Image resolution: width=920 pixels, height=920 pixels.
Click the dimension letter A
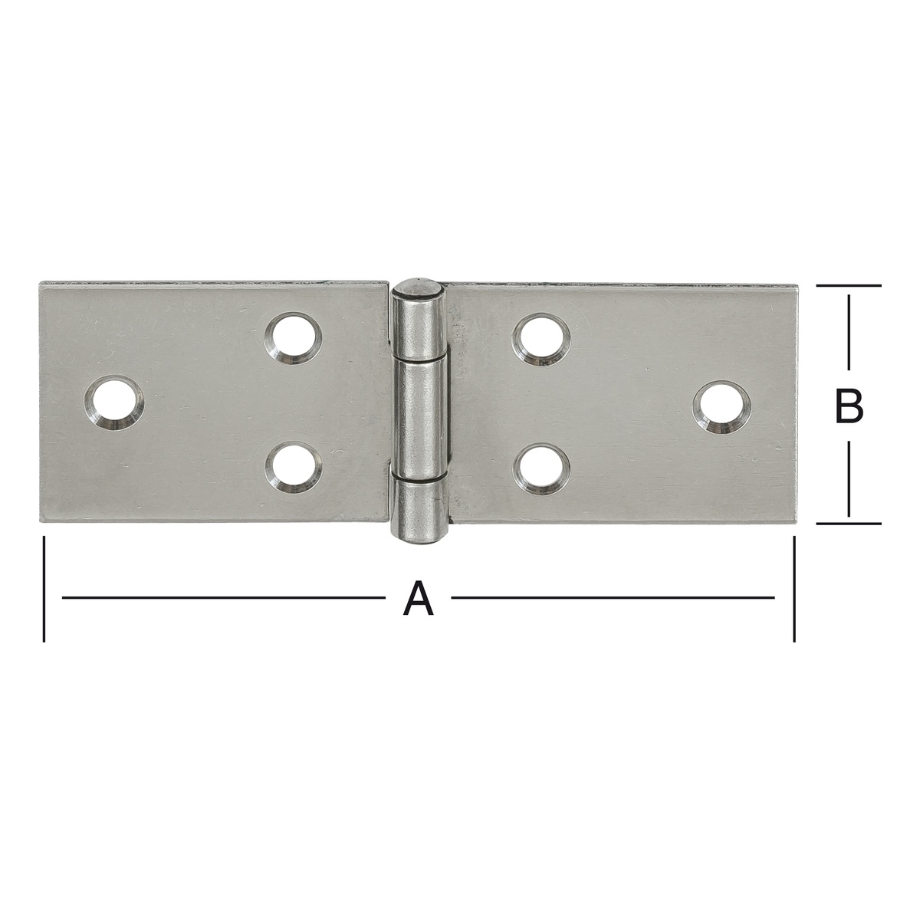(x=419, y=597)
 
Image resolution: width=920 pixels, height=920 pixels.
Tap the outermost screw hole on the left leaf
(x=114, y=403)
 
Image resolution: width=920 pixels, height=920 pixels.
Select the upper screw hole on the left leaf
(x=293, y=340)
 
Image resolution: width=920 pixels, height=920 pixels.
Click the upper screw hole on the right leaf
(x=541, y=340)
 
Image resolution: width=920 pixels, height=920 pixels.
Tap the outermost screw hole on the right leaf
(x=721, y=407)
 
